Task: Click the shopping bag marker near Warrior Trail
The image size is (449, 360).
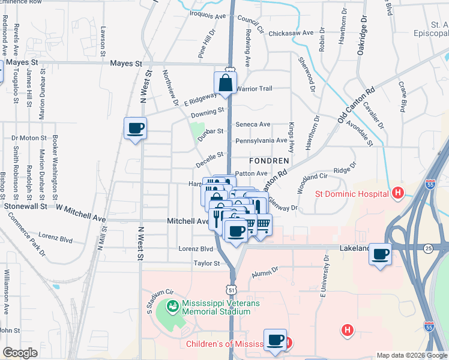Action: tap(226, 83)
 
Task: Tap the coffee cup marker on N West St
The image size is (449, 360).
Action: tap(135, 128)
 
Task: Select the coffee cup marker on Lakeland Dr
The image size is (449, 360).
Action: tap(380, 254)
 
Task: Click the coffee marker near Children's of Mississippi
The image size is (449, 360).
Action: tap(275, 340)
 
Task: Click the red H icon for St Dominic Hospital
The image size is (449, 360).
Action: tap(396, 193)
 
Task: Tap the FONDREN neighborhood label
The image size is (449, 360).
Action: tap(270, 161)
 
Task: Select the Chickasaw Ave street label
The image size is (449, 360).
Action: tap(291, 33)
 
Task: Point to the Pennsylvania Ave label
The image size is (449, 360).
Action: tap(261, 140)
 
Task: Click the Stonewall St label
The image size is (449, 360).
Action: tap(25, 206)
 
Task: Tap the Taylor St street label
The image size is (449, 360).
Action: tap(208, 263)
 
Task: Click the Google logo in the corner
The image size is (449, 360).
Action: tap(20, 353)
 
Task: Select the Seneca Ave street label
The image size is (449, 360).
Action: tap(253, 124)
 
